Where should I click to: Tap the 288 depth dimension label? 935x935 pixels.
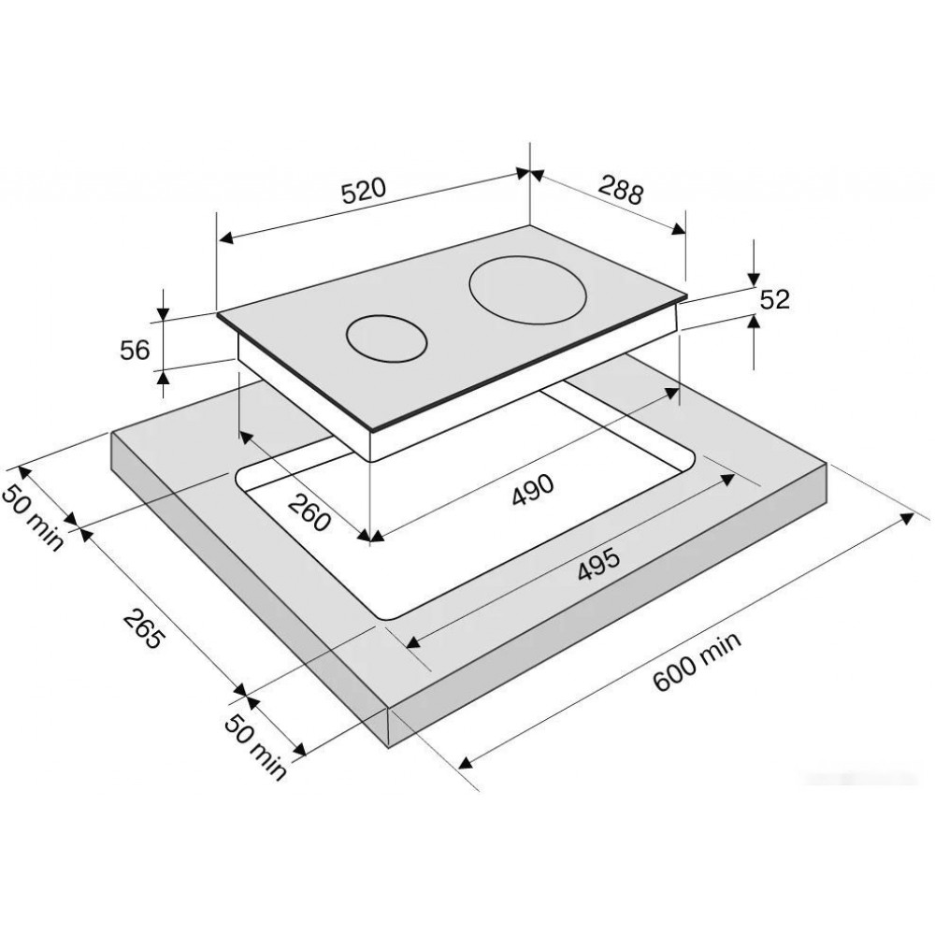point(622,190)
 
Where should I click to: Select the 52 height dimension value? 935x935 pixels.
point(774,299)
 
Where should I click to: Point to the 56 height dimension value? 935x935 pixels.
point(135,350)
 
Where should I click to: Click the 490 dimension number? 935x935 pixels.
point(533,490)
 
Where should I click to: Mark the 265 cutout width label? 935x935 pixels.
point(143,629)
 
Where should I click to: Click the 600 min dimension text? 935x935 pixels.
point(698,661)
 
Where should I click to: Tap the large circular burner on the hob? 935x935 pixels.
point(527,291)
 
